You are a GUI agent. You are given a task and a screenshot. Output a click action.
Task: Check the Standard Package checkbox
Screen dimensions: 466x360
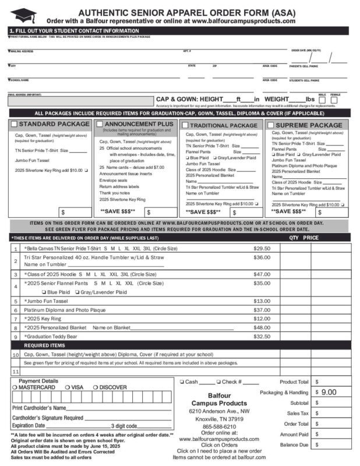(15, 124)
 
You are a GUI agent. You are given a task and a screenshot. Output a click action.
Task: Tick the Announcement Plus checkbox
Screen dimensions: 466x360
(100, 124)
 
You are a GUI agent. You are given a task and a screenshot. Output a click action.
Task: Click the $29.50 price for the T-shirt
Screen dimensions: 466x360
(262, 248)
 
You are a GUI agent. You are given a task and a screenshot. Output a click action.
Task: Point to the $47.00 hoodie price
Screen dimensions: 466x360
(262, 274)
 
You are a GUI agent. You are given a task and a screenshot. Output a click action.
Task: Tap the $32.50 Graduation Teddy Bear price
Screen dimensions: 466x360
(262, 336)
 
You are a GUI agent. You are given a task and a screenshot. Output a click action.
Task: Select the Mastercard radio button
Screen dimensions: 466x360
(15, 387)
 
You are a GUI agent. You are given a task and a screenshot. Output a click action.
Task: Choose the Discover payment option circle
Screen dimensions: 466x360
(96, 387)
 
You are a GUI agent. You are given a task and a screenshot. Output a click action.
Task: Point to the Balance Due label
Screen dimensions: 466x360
(294, 444)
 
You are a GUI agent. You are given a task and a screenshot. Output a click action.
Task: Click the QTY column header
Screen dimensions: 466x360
(294, 238)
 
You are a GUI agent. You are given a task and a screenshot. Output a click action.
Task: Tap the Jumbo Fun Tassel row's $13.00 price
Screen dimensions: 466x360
(262, 301)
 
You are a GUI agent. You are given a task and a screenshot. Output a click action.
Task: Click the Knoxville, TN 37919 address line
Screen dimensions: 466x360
(219, 419)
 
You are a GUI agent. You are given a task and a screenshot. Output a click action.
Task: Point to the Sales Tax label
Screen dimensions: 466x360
(297, 413)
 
